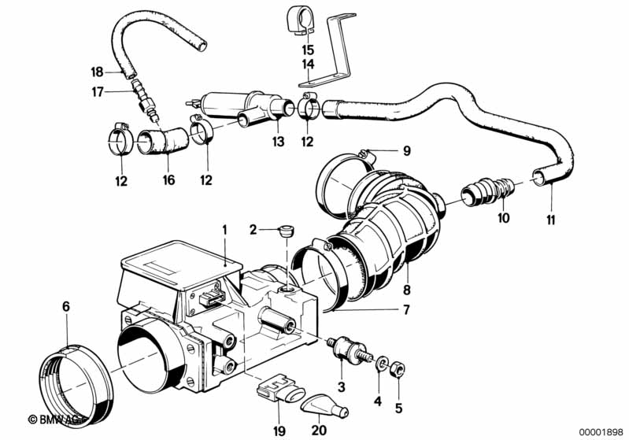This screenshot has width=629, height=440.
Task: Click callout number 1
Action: (224, 230)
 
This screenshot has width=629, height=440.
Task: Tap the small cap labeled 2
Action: (284, 231)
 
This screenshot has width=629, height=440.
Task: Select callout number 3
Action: (341, 386)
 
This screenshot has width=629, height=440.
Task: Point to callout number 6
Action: (66, 305)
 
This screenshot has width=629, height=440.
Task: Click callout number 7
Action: (406, 310)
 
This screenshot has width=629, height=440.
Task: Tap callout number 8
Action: (407, 277)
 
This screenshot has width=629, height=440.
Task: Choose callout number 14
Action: (307, 63)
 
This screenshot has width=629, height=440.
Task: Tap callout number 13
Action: (277, 142)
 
